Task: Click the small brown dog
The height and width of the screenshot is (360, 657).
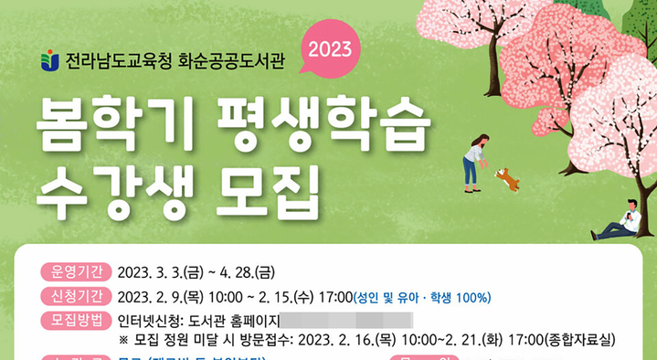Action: [507, 178]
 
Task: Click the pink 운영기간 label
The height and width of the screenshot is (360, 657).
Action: [75, 272]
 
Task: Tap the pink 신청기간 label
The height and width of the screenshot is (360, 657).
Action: [75, 296]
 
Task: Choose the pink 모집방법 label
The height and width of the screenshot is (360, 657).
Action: [75, 320]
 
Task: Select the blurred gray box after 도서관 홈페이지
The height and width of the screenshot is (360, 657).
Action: [345, 321]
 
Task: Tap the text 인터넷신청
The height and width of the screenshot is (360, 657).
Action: [150, 321]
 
